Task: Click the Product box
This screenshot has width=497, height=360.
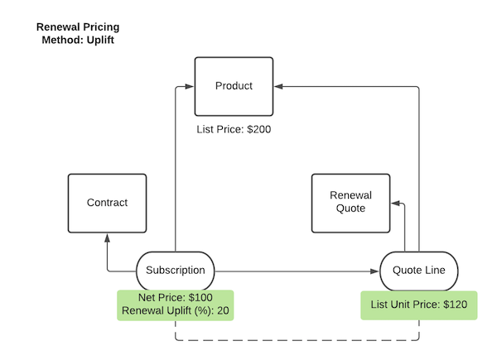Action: [234, 86]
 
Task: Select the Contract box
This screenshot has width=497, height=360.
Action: [107, 203]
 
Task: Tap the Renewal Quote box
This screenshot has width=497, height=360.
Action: [350, 203]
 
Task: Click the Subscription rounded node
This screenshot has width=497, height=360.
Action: [175, 271]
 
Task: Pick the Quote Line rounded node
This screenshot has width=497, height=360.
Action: [418, 271]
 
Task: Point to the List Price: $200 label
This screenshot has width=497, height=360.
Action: [234, 130]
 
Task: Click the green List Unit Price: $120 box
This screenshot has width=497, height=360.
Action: [418, 305]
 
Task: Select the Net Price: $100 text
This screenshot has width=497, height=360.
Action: [175, 298]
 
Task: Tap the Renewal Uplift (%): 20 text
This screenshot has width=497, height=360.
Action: [175, 311]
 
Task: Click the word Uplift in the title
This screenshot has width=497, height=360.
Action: [94, 40]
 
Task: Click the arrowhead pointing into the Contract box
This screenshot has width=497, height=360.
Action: [107, 237]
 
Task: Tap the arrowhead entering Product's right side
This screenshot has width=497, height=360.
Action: [278, 85]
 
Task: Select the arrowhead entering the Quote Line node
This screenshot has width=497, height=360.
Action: [374, 271]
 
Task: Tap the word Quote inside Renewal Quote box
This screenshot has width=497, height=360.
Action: [350, 209]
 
